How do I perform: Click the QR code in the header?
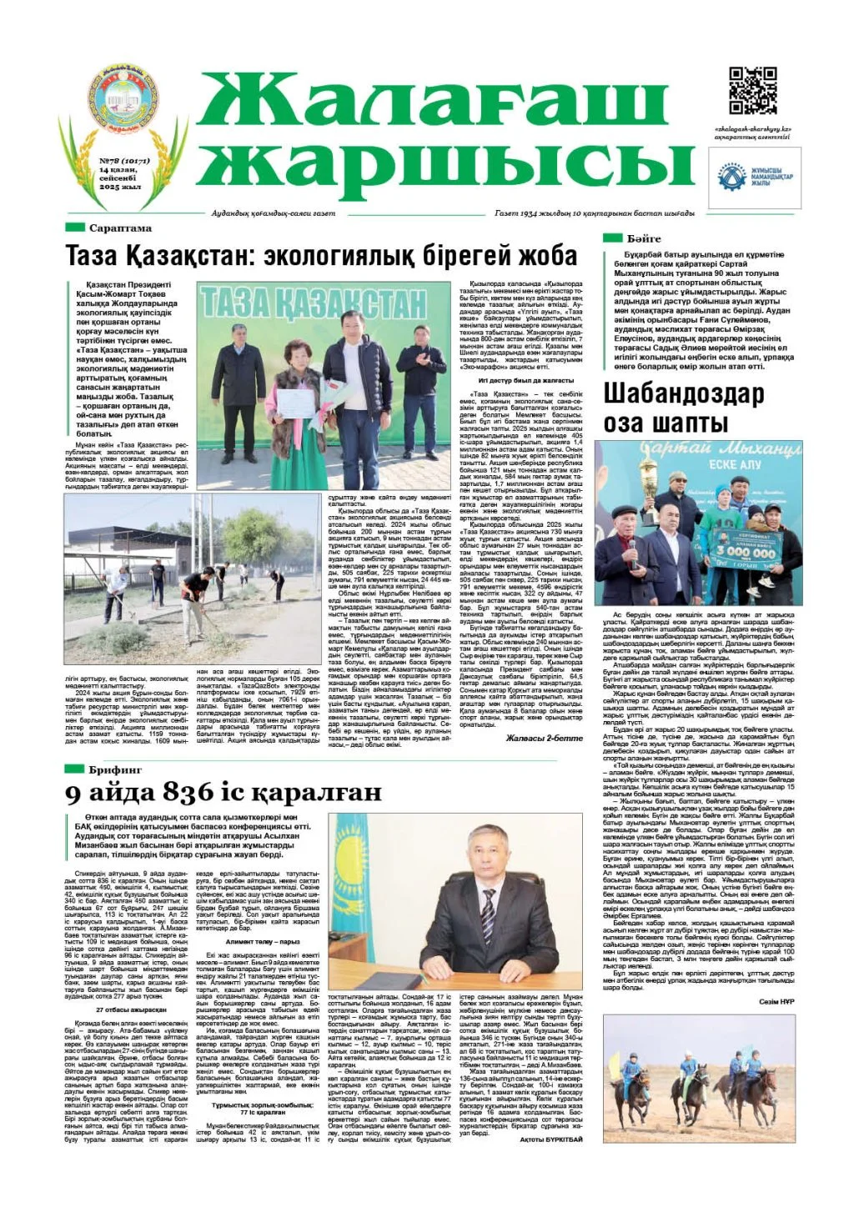[x=753, y=91]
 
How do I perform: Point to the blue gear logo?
[x=733, y=178]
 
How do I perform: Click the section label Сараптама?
[x=120, y=228]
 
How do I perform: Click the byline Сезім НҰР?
[x=778, y=1001]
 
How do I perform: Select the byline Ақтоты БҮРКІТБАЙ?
[x=550, y=1139]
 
